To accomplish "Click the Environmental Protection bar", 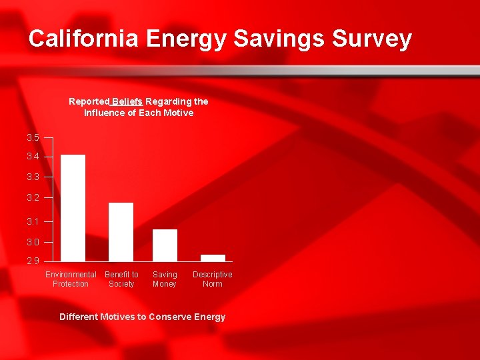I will (x=73, y=207).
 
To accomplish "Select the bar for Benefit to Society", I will (x=121, y=231).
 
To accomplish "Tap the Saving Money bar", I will (x=165, y=245).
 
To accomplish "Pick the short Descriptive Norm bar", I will (x=213, y=257).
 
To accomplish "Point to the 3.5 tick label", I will (x=33, y=137).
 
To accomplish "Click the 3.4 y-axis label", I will (x=33, y=157).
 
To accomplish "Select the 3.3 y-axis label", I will (x=33, y=177).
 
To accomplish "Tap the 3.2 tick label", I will (x=33, y=198).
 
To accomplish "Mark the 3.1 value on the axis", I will (x=33, y=221).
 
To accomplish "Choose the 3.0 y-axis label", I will (x=33, y=242).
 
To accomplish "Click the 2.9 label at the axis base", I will (x=33, y=261).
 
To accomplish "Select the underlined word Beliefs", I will (x=127, y=101).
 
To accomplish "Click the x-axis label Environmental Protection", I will (x=71, y=279).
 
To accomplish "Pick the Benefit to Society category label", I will (x=121, y=279).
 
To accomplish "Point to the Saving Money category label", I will (x=165, y=279).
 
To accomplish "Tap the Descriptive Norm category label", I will (x=213, y=279).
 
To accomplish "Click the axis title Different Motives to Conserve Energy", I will (x=142, y=317).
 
